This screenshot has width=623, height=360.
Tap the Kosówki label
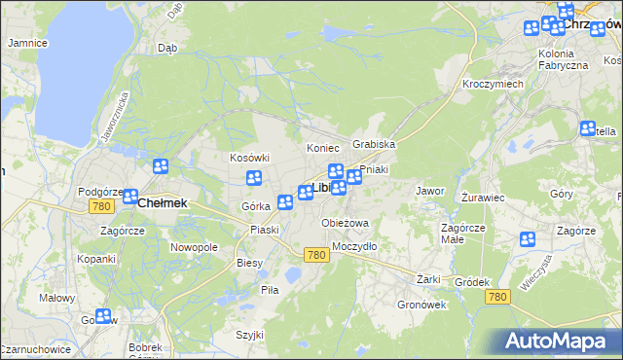[248, 158]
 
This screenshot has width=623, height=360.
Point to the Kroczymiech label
[493, 85]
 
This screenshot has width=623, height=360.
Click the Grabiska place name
[374, 144]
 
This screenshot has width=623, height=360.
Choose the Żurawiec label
[482, 197]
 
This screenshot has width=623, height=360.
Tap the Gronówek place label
[421, 305]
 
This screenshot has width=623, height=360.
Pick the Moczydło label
[354, 246]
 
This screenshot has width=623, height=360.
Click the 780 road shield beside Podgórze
[101, 207]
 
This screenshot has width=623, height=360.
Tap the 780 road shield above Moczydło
[314, 255]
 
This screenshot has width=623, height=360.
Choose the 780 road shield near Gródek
[498, 296]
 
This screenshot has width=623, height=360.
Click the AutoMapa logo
[558, 341]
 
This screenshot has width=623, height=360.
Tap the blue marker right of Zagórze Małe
[528, 239]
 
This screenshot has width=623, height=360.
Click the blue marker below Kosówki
[254, 178]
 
